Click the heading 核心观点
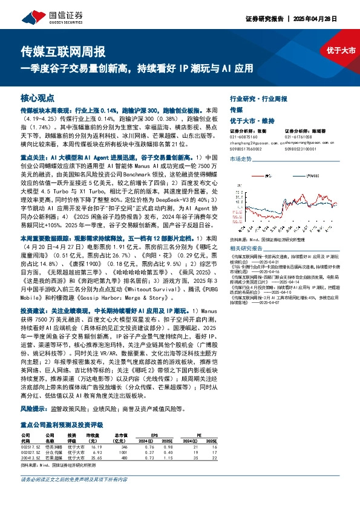38,97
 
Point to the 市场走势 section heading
240,158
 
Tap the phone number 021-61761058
302,137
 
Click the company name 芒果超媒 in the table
52,458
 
